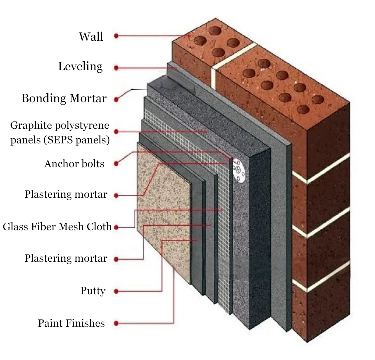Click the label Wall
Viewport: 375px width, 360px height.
[91, 37]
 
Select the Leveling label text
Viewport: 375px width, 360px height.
[80, 67]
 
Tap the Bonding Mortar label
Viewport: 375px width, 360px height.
[64, 98]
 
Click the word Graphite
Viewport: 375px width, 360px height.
[31, 126]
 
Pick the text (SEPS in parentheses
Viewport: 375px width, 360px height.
[58, 140]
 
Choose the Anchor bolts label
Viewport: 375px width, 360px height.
[74, 164]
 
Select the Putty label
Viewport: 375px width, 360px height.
[93, 291]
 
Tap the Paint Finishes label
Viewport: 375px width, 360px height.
[71, 323]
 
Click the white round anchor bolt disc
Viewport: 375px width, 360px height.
[239, 170]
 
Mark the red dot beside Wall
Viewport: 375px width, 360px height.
[116, 36]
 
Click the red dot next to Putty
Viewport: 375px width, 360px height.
[116, 291]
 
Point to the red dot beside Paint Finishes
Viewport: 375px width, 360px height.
[116, 323]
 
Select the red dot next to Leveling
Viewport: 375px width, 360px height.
[116, 68]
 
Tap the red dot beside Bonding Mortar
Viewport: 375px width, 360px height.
[116, 99]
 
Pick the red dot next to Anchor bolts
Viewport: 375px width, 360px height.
[116, 164]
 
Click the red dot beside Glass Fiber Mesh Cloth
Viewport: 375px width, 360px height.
[116, 227]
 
